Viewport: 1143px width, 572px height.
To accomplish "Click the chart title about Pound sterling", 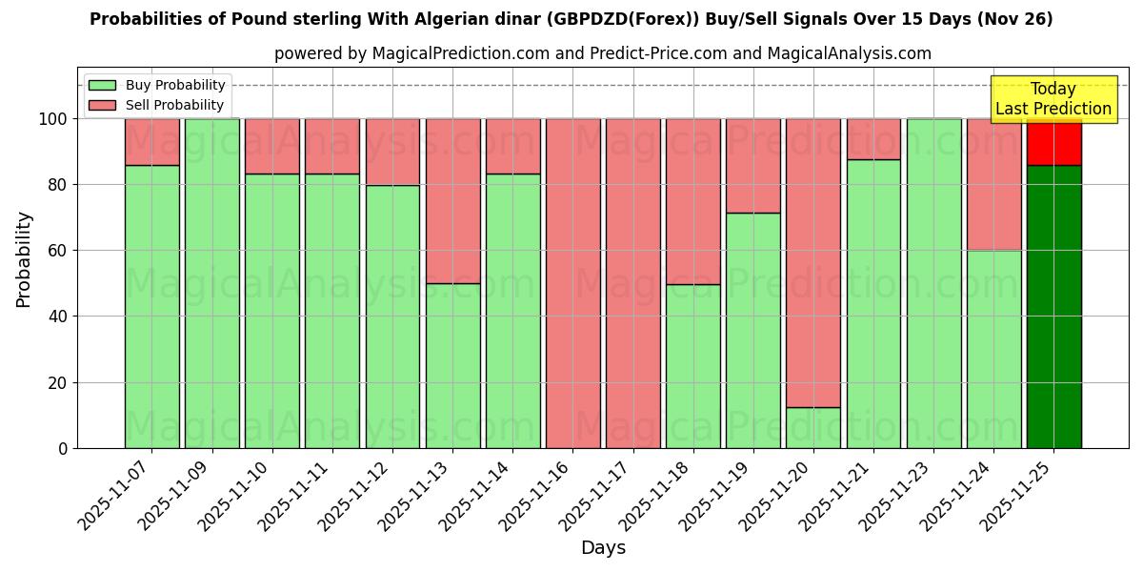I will pyautogui.click(x=571, y=19).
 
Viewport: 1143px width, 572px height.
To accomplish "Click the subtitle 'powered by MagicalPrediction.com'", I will pyautogui.click(x=602, y=53).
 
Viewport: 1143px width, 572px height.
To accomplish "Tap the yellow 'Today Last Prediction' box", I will pyautogui.click(x=1053, y=99).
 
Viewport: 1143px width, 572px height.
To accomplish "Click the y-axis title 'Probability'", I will pyautogui.click(x=24, y=259).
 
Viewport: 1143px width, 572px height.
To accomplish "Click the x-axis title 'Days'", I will pyautogui.click(x=603, y=548).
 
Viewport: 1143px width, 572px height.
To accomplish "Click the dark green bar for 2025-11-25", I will pyautogui.click(x=1053, y=305).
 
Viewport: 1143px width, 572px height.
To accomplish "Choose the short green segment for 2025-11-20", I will pyautogui.click(x=813, y=427).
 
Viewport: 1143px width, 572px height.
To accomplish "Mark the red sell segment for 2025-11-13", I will pyautogui.click(x=452, y=200).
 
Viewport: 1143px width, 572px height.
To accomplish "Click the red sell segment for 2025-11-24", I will pyautogui.click(x=993, y=184).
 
